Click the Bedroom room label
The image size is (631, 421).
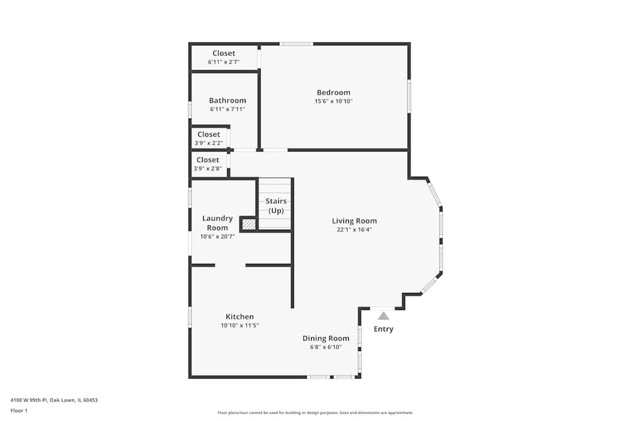(x=333, y=93)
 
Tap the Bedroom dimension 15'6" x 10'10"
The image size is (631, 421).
(x=333, y=102)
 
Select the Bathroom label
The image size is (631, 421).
(x=227, y=100)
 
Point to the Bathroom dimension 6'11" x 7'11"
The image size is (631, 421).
(x=227, y=109)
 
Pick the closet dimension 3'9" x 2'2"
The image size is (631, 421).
(x=209, y=143)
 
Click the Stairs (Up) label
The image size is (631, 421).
(x=276, y=206)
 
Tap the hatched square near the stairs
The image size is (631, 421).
(x=249, y=224)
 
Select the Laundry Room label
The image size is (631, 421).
(x=218, y=223)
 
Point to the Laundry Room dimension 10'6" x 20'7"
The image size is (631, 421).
(x=217, y=237)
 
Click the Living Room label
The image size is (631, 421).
(x=355, y=221)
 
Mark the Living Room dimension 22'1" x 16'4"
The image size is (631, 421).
(x=355, y=230)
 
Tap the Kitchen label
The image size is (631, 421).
(x=240, y=317)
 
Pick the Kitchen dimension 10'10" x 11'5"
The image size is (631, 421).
(x=240, y=326)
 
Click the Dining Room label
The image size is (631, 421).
(x=326, y=338)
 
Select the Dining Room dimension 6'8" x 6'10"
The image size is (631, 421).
(x=326, y=347)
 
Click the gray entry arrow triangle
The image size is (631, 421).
(x=383, y=316)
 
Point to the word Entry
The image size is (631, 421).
(x=383, y=329)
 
